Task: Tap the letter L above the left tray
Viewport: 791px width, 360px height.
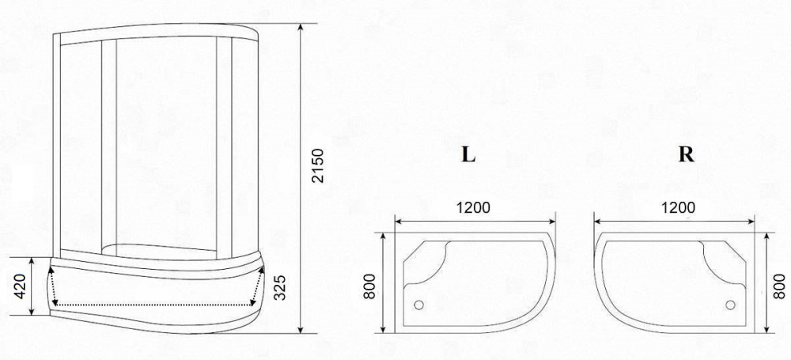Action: [x=469, y=155]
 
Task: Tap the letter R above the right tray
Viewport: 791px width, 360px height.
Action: [x=686, y=155]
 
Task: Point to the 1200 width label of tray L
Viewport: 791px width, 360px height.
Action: [x=473, y=208]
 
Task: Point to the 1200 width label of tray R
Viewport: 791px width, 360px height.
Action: [x=678, y=208]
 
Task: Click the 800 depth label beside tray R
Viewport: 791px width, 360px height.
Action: [x=779, y=283]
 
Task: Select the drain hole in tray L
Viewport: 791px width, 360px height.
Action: [x=418, y=304]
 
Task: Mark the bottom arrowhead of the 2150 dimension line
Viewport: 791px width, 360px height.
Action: [x=302, y=331]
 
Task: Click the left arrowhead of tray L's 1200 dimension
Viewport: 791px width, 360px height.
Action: [x=398, y=221]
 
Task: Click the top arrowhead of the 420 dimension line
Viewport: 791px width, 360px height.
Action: [x=32, y=261]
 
